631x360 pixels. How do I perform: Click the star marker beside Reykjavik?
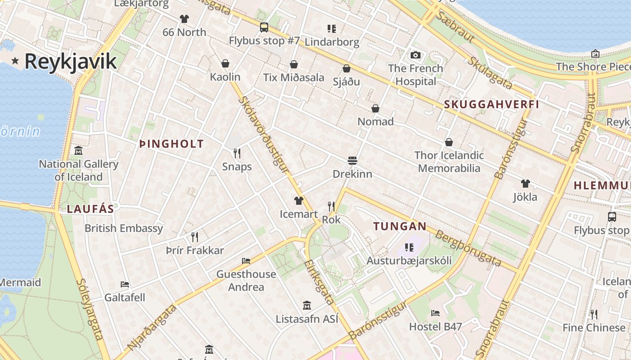pos(15,61)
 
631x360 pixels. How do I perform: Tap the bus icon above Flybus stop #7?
pos(264,27)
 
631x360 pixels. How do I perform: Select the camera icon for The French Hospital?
pos(416,55)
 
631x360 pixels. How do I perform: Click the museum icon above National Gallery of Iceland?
pos(78,150)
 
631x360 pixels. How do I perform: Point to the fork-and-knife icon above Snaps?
pos(237,153)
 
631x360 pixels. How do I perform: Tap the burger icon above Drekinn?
pos(352,160)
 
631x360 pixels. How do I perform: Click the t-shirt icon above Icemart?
pos(298,201)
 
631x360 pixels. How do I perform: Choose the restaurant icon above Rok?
pos(331,207)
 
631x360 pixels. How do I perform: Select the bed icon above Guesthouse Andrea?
pos(246,261)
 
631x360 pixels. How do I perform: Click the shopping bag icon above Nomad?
pos(375,108)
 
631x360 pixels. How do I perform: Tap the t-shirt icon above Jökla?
pos(525,184)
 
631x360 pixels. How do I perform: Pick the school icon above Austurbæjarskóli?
pos(409,247)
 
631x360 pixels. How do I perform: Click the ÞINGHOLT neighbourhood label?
pos(172,144)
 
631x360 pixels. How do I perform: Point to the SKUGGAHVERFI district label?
pos(491,104)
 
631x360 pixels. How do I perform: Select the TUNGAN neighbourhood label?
pos(400,226)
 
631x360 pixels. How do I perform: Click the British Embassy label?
pos(124,228)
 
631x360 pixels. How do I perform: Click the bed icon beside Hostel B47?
pos(435,313)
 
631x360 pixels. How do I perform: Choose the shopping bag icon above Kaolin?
pos(225,63)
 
